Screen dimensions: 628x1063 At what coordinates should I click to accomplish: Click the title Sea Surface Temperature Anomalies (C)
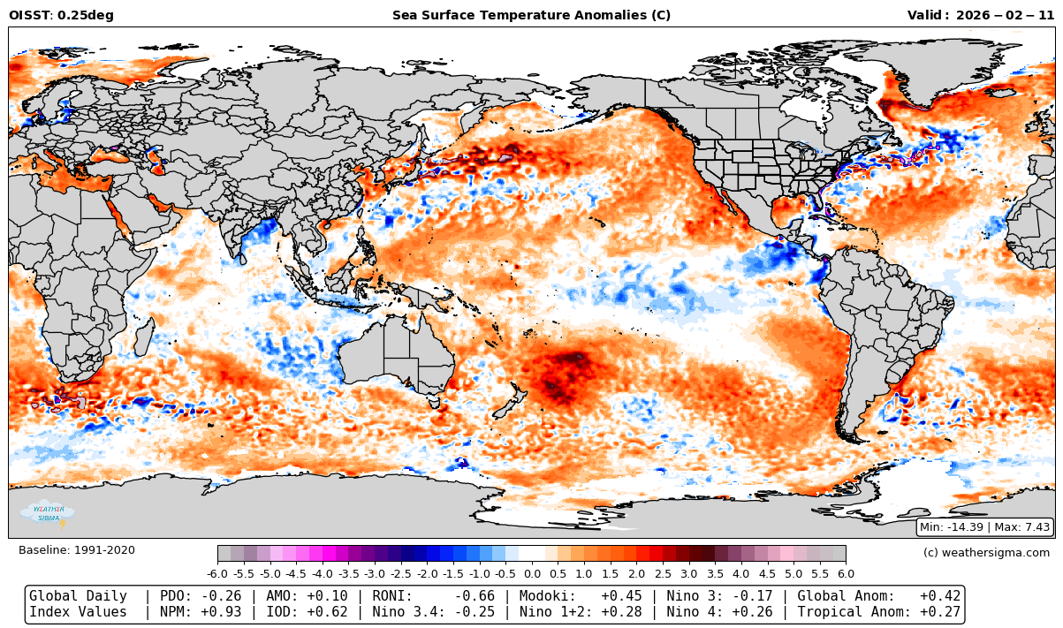point(531,15)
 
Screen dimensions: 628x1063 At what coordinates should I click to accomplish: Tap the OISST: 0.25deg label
point(61,15)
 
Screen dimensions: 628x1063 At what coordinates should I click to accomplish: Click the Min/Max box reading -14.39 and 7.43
point(985,527)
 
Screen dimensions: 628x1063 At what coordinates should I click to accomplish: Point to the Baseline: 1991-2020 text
point(77,550)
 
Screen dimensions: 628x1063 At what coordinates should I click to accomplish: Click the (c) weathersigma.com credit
point(986,553)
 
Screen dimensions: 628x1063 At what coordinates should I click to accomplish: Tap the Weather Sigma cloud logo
point(48,513)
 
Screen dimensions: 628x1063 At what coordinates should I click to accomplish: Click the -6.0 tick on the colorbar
point(218,573)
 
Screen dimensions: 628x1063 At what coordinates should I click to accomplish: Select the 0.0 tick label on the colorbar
point(532,573)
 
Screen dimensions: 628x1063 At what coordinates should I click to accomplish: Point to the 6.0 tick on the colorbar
point(846,573)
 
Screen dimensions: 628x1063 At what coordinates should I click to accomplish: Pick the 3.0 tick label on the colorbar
point(689,573)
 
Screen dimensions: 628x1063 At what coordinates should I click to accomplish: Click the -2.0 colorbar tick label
point(428,573)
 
